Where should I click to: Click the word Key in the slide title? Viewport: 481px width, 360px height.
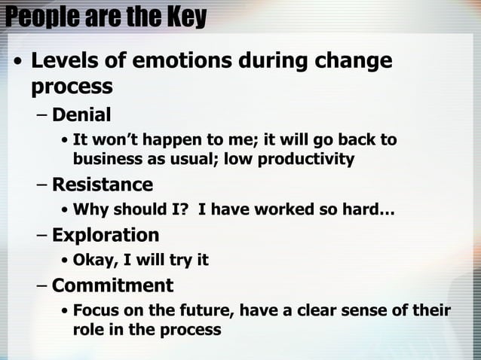185,17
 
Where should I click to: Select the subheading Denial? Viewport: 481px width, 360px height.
81,115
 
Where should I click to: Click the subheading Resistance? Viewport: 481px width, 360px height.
102,185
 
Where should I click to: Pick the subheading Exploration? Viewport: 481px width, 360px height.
105,235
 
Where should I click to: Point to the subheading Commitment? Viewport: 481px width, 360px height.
112,285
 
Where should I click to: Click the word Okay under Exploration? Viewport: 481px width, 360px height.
93,261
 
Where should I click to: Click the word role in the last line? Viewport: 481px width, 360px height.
88,329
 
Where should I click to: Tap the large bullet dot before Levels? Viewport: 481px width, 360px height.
18,63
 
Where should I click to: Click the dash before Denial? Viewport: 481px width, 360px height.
42,116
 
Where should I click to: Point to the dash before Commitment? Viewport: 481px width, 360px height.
42,286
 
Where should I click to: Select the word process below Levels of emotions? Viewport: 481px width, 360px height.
72,87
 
